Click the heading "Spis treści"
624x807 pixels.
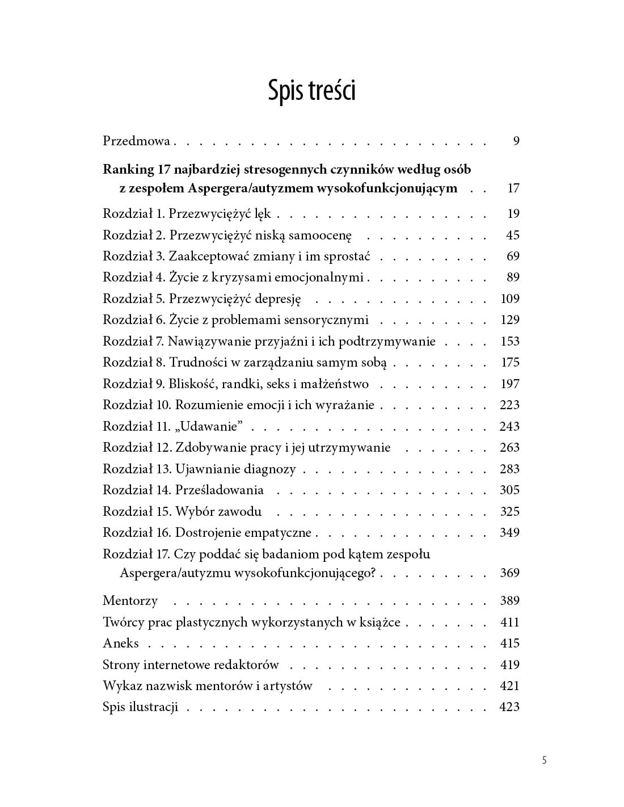coord(311,91)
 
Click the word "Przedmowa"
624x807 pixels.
coord(137,141)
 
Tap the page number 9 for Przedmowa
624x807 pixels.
coord(516,141)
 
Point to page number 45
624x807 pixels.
coord(513,235)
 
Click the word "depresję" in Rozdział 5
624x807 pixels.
coord(278,299)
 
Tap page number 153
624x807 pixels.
coord(510,341)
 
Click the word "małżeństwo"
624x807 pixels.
coord(336,384)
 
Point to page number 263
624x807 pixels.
coord(510,447)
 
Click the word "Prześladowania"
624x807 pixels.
coord(220,490)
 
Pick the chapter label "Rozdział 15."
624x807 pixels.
coord(137,511)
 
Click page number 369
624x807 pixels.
coord(510,573)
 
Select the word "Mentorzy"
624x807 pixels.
coord(130,600)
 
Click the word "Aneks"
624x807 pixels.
coord(121,643)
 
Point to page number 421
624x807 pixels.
coord(510,686)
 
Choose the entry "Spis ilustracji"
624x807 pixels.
coord(140,707)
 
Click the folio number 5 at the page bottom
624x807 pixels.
coord(544,760)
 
